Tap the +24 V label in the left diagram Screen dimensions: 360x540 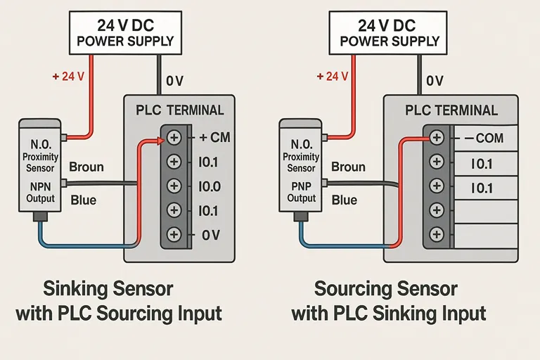68,77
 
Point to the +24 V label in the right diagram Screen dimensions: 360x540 333,77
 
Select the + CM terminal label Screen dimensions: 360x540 215,137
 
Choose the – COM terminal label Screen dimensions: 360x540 479,138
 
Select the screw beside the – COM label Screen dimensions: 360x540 437,138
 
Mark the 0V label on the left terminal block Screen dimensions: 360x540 211,236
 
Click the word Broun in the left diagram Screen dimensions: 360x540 86,167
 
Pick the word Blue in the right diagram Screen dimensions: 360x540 345,200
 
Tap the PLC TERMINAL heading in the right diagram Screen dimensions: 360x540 451,110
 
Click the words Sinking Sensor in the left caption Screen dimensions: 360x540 108,288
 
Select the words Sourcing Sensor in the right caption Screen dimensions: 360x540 386,288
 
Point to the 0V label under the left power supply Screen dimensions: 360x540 174,82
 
